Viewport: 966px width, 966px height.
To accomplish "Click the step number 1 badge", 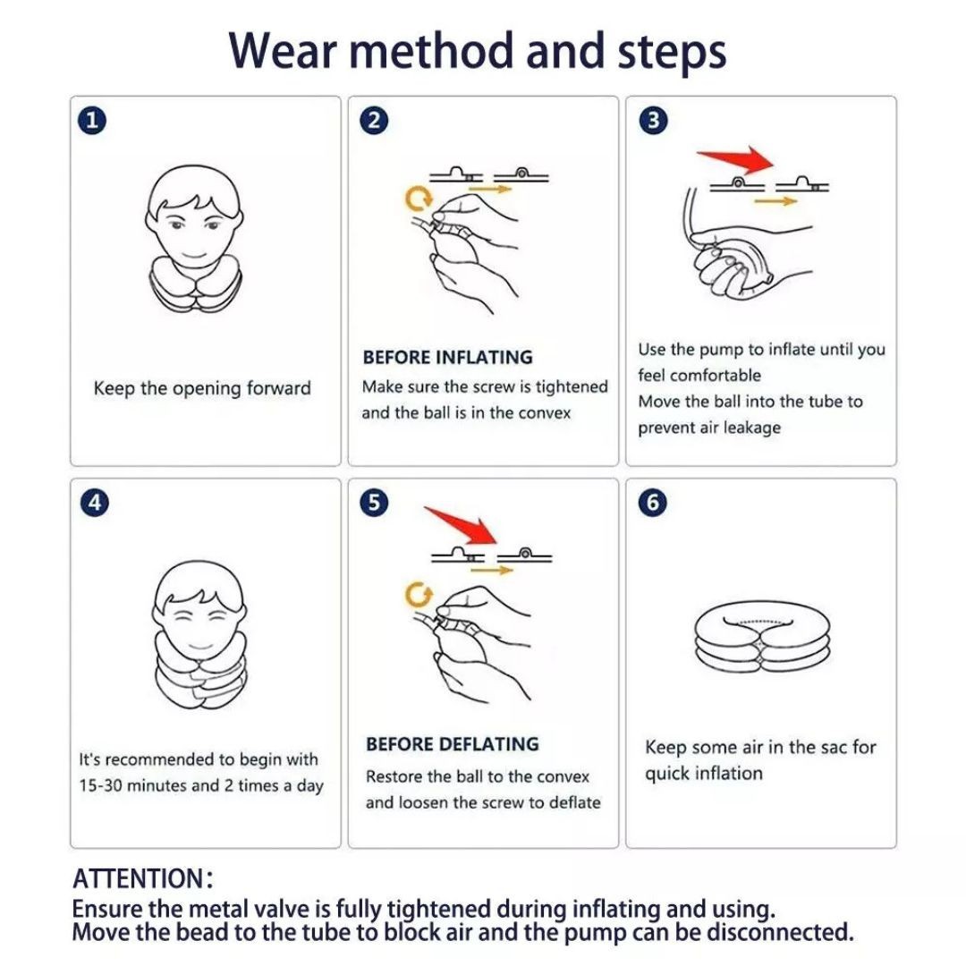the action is point(92,120).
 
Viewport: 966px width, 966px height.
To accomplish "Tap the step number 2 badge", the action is point(374,120).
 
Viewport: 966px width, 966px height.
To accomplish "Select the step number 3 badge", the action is point(654,120).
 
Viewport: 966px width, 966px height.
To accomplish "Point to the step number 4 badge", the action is point(94,503).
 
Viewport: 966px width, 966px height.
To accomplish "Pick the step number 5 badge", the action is point(374,503).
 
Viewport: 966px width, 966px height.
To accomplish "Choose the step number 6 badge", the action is point(653,503).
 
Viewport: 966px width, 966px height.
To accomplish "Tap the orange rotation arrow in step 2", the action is point(419,199).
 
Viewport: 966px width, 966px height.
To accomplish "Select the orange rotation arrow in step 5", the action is point(419,595).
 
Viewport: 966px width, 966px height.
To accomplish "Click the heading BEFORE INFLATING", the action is point(448,357).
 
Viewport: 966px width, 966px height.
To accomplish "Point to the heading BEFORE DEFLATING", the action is point(453,744).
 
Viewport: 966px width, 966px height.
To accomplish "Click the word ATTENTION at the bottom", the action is point(138,878).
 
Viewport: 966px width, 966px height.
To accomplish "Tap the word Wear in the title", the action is point(282,50).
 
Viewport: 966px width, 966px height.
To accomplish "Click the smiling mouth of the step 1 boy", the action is point(195,255).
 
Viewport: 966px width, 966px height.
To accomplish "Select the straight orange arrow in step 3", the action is point(775,201).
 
